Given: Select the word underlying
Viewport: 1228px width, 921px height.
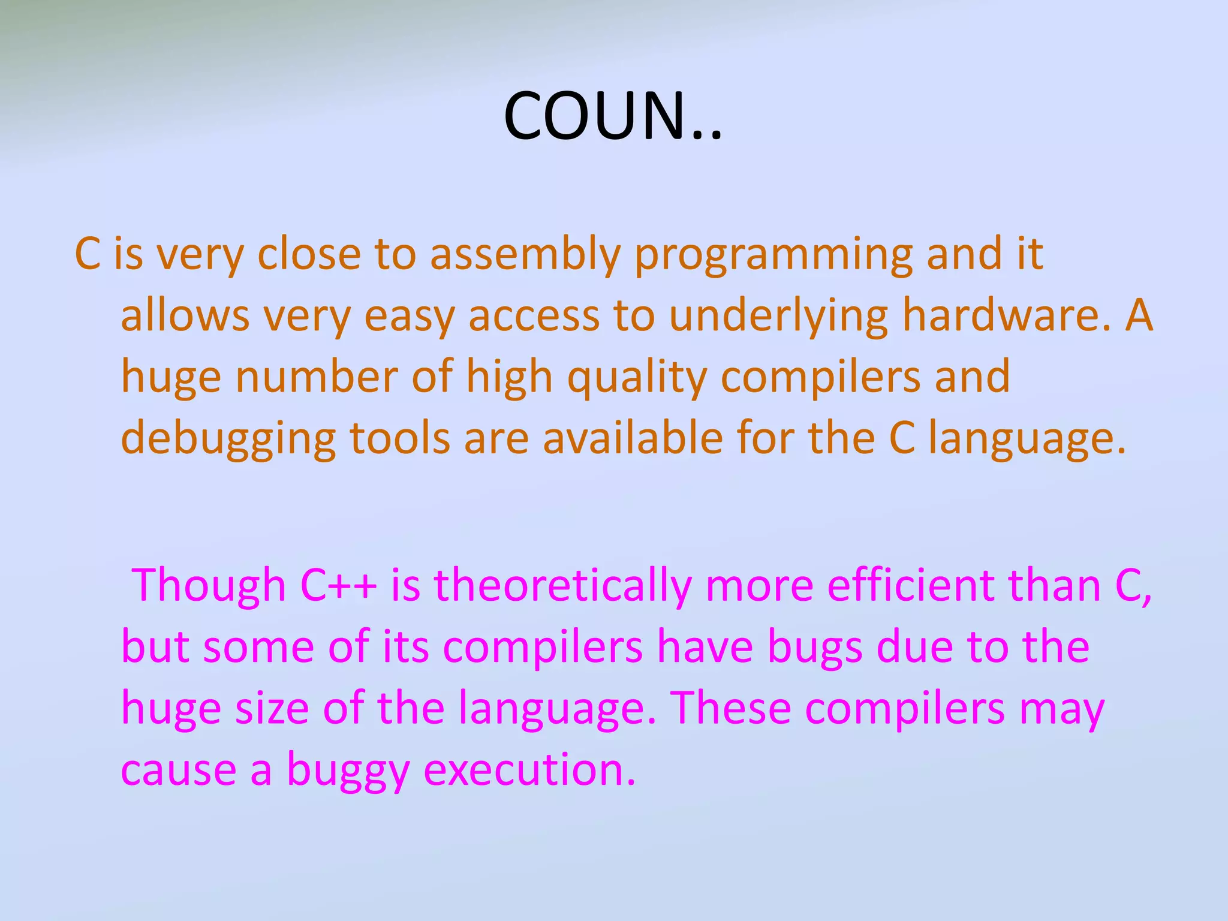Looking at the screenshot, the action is (778, 316).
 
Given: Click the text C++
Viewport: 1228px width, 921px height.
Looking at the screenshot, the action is (338, 585).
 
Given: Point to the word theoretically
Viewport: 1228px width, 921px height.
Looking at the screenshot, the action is (562, 585).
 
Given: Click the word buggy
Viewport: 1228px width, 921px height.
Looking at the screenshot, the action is (348, 770).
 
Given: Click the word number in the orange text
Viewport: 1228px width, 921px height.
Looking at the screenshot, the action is (317, 377).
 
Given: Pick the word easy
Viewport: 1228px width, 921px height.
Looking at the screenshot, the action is (409, 316).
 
